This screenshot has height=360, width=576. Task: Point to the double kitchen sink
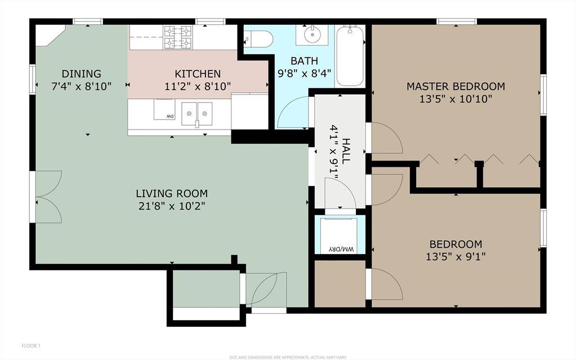(x=197, y=113)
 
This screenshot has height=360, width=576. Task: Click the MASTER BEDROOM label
(x=456, y=86)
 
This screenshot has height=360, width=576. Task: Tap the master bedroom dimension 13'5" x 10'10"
(x=456, y=99)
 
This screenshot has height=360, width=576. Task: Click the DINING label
(x=82, y=74)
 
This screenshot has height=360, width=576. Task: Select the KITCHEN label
(x=198, y=74)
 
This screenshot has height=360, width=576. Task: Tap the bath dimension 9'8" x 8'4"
(x=304, y=73)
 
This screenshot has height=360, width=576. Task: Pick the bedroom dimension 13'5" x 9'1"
(x=456, y=257)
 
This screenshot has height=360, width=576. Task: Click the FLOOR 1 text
(x=31, y=345)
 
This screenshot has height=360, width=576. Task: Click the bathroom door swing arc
(x=295, y=112)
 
